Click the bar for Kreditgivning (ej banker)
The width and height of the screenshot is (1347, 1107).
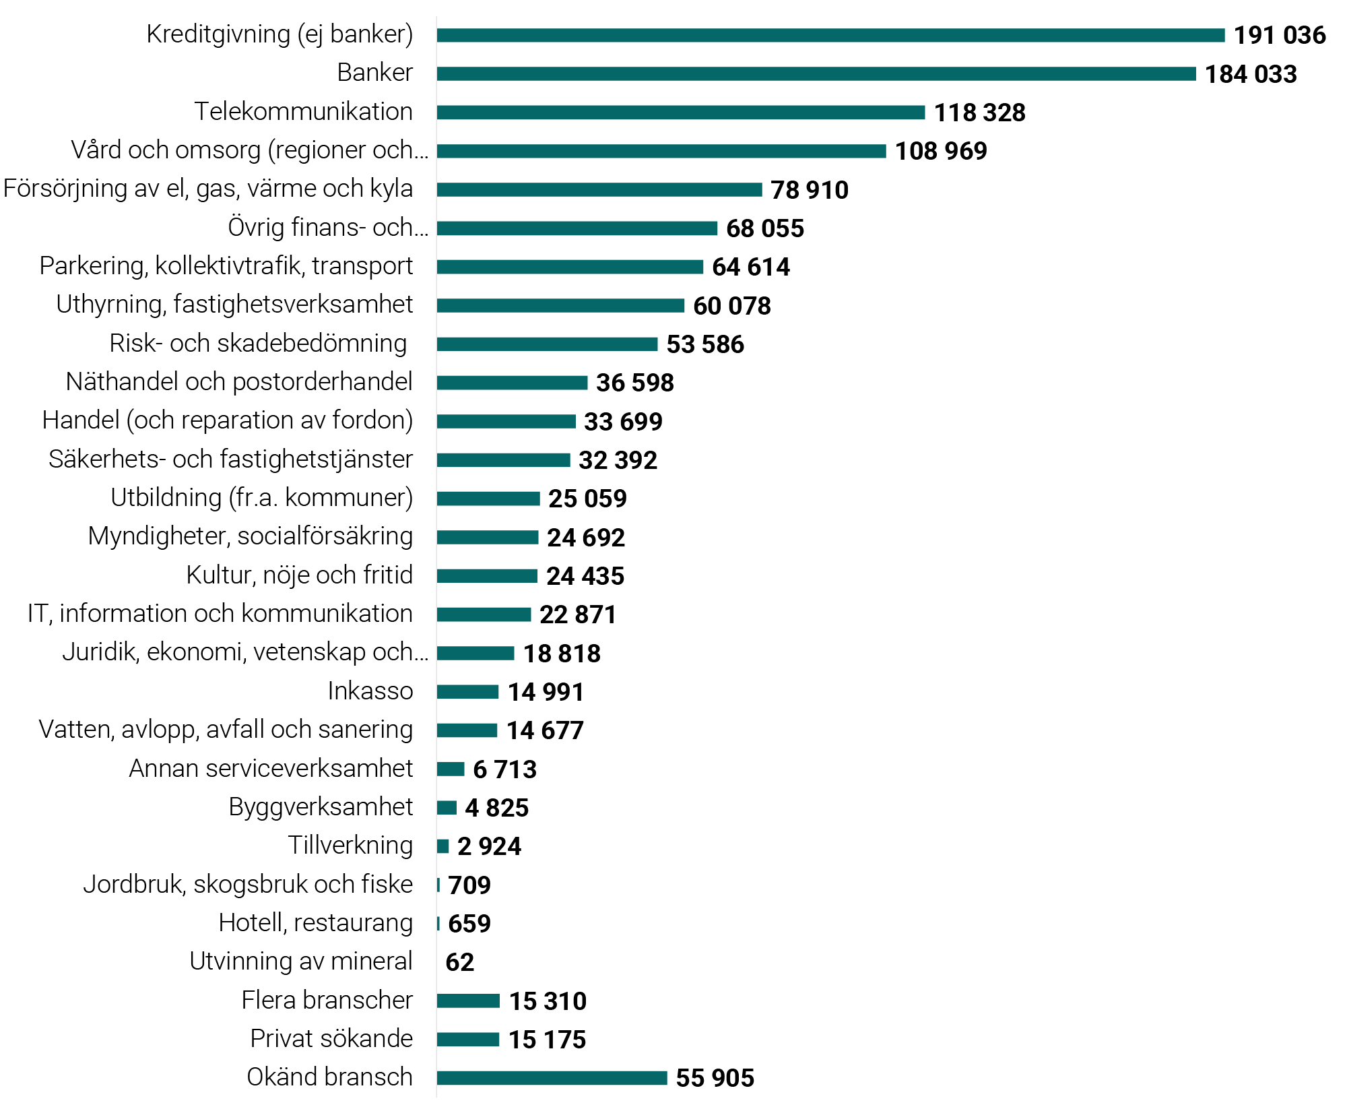(x=830, y=35)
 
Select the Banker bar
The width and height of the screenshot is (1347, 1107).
(x=816, y=73)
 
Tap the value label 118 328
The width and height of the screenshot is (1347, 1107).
(x=979, y=113)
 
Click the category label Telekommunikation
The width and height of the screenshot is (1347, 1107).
(x=303, y=111)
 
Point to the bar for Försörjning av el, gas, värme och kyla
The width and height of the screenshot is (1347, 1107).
(x=599, y=190)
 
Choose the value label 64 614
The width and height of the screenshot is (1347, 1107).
(x=750, y=267)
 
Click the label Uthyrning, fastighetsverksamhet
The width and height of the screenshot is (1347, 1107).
(x=234, y=304)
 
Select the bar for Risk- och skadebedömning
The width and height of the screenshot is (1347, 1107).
(x=547, y=344)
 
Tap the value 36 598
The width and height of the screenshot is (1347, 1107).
(x=634, y=383)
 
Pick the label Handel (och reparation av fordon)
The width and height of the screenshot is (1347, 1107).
(x=227, y=420)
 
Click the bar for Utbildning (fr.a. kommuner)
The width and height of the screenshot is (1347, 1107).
(x=488, y=499)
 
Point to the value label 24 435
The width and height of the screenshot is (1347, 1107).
(x=585, y=576)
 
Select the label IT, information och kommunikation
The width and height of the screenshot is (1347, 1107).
(x=220, y=613)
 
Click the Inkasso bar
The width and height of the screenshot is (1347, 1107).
(x=467, y=692)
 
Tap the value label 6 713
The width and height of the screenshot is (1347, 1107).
(x=504, y=769)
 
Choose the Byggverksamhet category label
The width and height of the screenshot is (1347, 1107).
(x=321, y=806)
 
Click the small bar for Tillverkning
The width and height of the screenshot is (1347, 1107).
(x=442, y=846)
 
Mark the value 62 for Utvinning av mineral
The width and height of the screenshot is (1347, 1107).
(x=459, y=962)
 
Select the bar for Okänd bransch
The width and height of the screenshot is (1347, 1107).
(x=552, y=1078)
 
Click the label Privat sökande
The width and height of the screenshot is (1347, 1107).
(x=331, y=1038)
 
